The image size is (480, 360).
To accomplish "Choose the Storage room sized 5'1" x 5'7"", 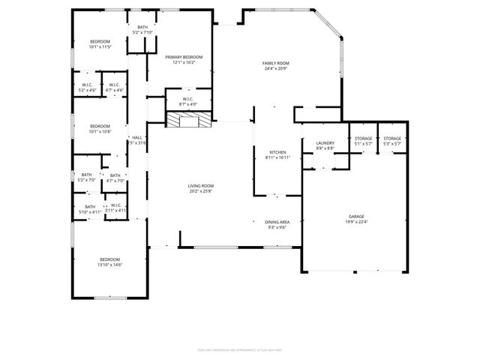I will pyautogui.click(x=363, y=141).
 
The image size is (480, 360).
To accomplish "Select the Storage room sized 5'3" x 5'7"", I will pyautogui.click(x=392, y=141).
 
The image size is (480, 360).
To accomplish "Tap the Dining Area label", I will pyautogui.click(x=277, y=224).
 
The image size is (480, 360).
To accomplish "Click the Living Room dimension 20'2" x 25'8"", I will pyautogui.click(x=200, y=190).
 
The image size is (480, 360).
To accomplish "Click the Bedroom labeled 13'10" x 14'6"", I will pyautogui.click(x=109, y=262).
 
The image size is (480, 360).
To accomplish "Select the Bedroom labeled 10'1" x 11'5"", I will pyautogui.click(x=100, y=43).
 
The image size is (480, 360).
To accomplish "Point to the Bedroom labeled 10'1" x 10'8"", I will pyautogui.click(x=100, y=128).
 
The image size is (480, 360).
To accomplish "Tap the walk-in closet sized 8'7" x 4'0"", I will pyautogui.click(x=188, y=101).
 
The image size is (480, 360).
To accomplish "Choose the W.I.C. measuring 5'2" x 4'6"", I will pyautogui.click(x=87, y=87).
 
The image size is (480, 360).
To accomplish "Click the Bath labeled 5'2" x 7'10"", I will pyautogui.click(x=142, y=30).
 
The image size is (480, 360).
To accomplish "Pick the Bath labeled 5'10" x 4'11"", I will pyautogui.click(x=90, y=209).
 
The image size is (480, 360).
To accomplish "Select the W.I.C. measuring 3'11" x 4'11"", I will pyautogui.click(x=116, y=208).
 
